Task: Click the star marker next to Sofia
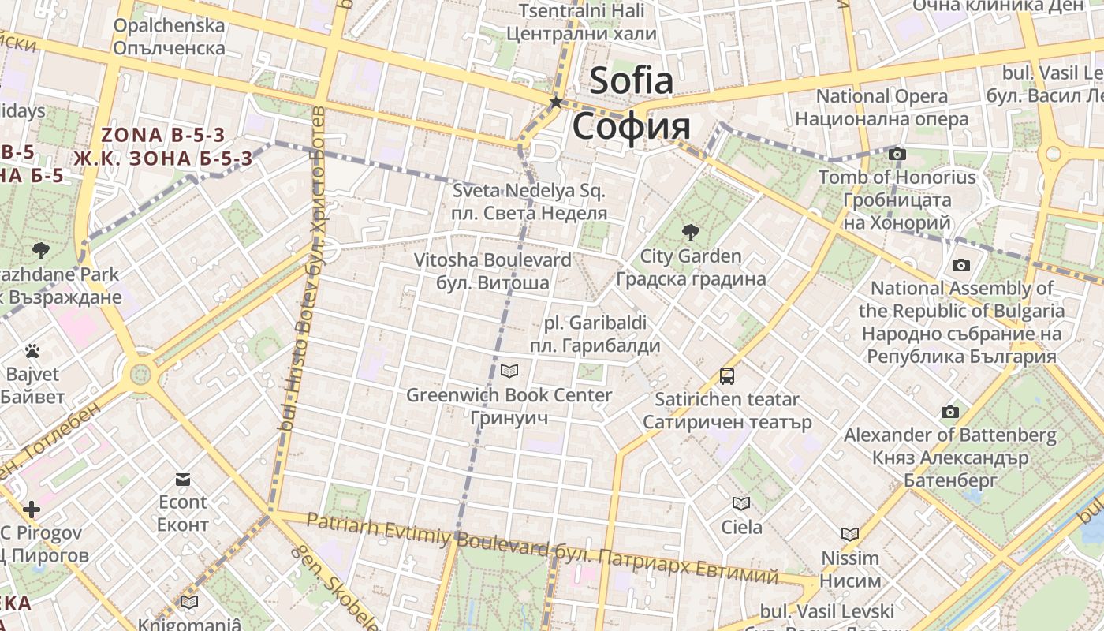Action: point(556,102)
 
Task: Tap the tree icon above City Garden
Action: point(691,232)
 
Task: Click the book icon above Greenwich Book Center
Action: point(509,371)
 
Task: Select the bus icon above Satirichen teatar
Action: point(727,375)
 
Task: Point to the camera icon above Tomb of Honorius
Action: point(897,154)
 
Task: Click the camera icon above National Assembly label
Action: point(960,265)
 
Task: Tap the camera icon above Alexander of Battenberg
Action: point(950,412)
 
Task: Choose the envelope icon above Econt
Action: point(183,479)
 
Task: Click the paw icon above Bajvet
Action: point(32,350)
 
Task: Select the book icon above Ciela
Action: point(740,503)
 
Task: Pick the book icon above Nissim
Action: point(849,534)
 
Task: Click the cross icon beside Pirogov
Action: point(32,510)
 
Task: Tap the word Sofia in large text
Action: point(632,80)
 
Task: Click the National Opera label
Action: point(882,96)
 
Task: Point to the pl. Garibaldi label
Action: point(595,323)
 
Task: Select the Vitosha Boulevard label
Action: point(493,259)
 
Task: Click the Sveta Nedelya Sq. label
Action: point(529,191)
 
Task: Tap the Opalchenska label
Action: point(169,25)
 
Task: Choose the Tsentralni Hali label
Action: point(581,11)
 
